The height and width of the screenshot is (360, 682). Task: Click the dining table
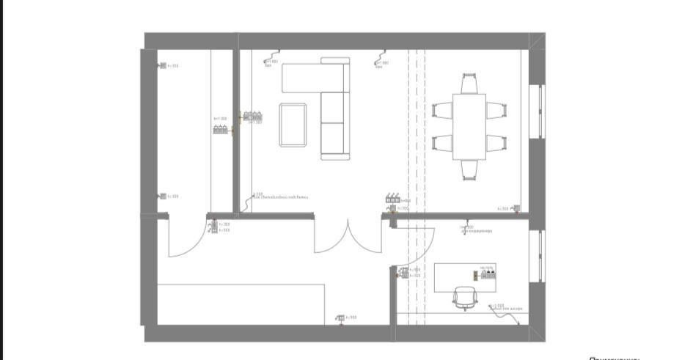(x=469, y=126)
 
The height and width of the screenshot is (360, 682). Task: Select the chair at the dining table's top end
(x=469, y=82)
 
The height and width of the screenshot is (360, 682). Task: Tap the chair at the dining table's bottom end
(x=469, y=170)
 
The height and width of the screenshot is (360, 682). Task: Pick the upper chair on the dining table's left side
(x=442, y=111)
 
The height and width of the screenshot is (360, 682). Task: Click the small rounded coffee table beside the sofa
(x=293, y=125)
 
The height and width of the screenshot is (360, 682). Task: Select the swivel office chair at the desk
(x=465, y=298)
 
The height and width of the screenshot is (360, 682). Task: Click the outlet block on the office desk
(x=488, y=274)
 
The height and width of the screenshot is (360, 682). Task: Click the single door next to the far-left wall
(x=187, y=236)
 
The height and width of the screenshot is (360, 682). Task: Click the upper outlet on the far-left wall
(x=162, y=66)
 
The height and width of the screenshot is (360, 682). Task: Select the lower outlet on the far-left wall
(x=162, y=196)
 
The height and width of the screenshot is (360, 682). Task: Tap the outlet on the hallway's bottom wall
(x=340, y=317)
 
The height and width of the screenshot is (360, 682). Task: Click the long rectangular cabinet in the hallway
(x=242, y=304)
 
